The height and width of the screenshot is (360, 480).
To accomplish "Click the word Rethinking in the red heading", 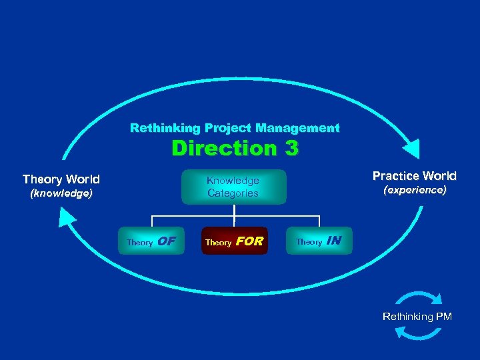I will (156, 127).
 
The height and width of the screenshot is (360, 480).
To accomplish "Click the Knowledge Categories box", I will (233, 187).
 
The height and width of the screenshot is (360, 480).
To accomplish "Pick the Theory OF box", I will (151, 241).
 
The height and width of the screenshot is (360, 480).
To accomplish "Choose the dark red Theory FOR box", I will (234, 241).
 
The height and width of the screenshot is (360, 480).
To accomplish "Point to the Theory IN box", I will (319, 241).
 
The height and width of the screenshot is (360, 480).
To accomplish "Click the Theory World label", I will (61, 179).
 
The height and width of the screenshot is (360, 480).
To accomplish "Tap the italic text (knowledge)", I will (61, 194).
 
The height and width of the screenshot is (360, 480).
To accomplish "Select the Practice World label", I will (414, 176).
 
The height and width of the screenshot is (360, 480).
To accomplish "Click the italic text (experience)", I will (414, 191).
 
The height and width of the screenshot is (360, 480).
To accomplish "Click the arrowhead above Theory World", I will (67, 217).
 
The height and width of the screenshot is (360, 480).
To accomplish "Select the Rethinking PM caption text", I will (417, 317).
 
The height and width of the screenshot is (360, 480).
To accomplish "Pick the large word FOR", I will (249, 241).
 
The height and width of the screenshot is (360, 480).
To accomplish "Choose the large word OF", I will (167, 241).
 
